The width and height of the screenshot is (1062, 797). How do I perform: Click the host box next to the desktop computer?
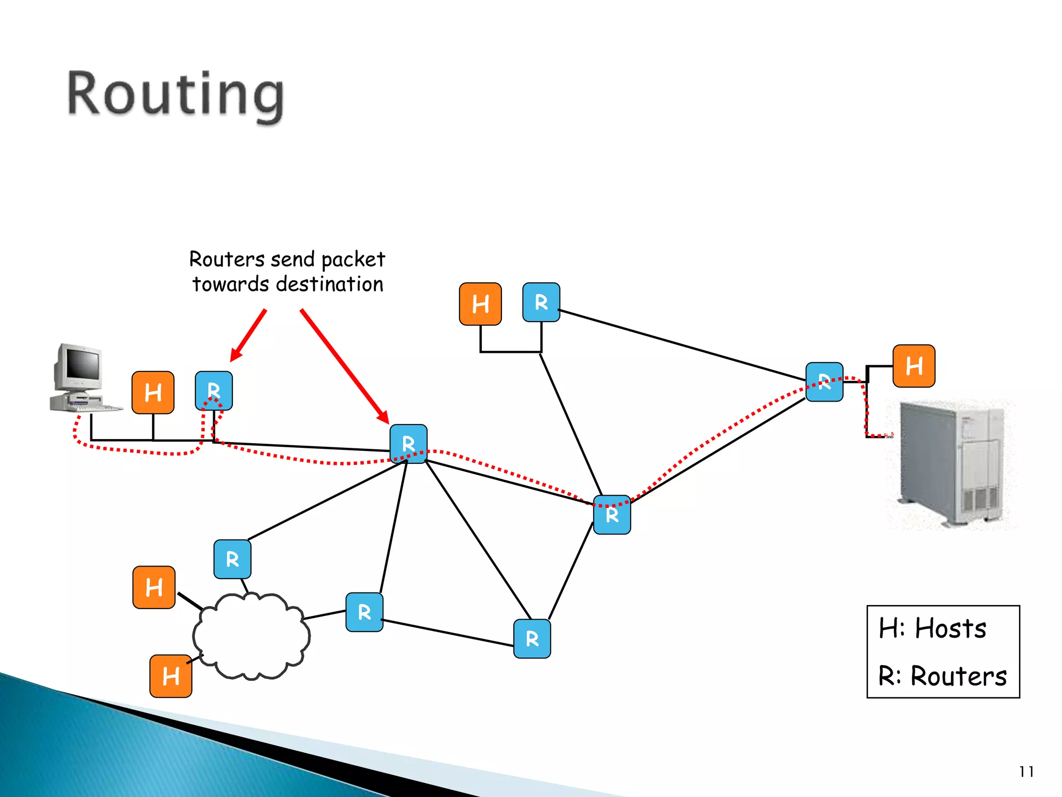pos(153,393)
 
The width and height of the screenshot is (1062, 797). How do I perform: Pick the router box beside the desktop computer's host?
pos(214,390)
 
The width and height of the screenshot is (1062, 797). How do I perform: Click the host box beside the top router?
pos(480,304)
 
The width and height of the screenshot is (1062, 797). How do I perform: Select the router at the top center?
pos(541,303)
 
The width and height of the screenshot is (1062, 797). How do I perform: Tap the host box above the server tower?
pos(914,366)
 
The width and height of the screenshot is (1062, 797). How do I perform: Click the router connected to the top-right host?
pos(824,382)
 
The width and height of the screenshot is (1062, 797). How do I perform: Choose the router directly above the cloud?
pos(232,559)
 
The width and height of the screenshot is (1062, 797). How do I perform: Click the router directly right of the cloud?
pos(365,612)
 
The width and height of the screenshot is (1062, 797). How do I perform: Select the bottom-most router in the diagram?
pos(532,639)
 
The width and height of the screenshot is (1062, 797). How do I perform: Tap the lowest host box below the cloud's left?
pos(171,676)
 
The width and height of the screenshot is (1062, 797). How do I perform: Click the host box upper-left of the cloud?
pos(154,587)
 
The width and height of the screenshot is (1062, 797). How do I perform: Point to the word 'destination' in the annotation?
pos(330,284)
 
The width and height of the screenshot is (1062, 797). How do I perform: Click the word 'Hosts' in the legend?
pos(950,629)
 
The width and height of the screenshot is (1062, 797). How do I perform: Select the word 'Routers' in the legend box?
pos(958,677)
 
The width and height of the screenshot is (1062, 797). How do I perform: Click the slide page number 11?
pos(1026,772)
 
